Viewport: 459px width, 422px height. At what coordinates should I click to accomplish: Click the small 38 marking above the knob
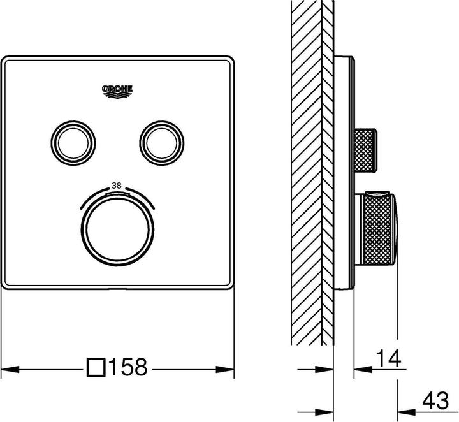pyautogui.click(x=117, y=186)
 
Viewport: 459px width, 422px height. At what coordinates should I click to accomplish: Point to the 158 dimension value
pyautogui.click(x=129, y=367)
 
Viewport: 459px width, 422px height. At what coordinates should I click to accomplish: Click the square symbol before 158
pyautogui.click(x=96, y=367)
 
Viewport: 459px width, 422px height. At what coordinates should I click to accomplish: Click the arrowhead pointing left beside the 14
pyautogui.click(x=360, y=368)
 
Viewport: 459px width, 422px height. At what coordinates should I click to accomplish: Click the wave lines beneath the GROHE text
pyautogui.click(x=117, y=96)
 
